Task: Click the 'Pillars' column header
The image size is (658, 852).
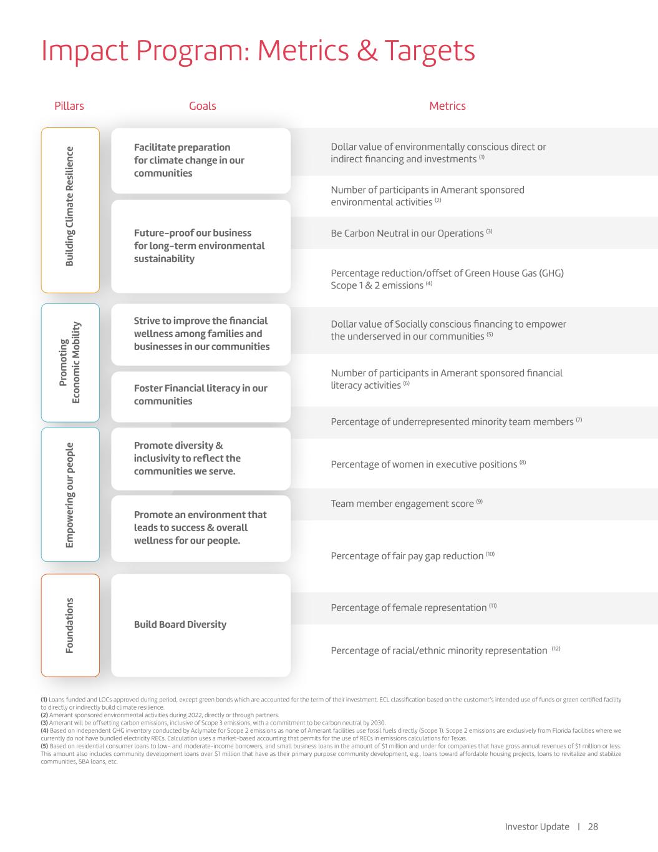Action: click(x=69, y=106)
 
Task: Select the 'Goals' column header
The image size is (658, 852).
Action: click(x=202, y=106)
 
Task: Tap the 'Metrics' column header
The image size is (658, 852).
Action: click(x=447, y=106)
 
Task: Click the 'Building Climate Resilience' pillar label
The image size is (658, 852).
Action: click(x=70, y=207)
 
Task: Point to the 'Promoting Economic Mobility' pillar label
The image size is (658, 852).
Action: click(x=70, y=363)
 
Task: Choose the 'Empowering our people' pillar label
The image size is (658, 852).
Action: click(x=70, y=495)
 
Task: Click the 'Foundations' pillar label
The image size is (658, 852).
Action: click(x=70, y=625)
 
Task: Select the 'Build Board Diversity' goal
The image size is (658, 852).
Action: click(x=180, y=625)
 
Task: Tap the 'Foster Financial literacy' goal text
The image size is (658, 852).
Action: click(x=200, y=394)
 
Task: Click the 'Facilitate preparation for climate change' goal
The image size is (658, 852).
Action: click(x=189, y=160)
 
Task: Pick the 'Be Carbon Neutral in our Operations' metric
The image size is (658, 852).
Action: click(x=407, y=233)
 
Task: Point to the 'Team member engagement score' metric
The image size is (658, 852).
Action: click(x=402, y=504)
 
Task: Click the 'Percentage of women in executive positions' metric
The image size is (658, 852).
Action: click(x=424, y=464)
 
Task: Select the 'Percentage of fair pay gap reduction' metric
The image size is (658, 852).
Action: click(x=407, y=556)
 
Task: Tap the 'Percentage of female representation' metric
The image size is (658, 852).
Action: click(x=409, y=608)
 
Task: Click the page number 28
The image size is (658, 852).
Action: click(x=593, y=826)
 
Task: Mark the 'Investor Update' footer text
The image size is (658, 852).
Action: click(x=537, y=826)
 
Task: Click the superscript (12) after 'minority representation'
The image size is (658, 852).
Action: click(x=556, y=649)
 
